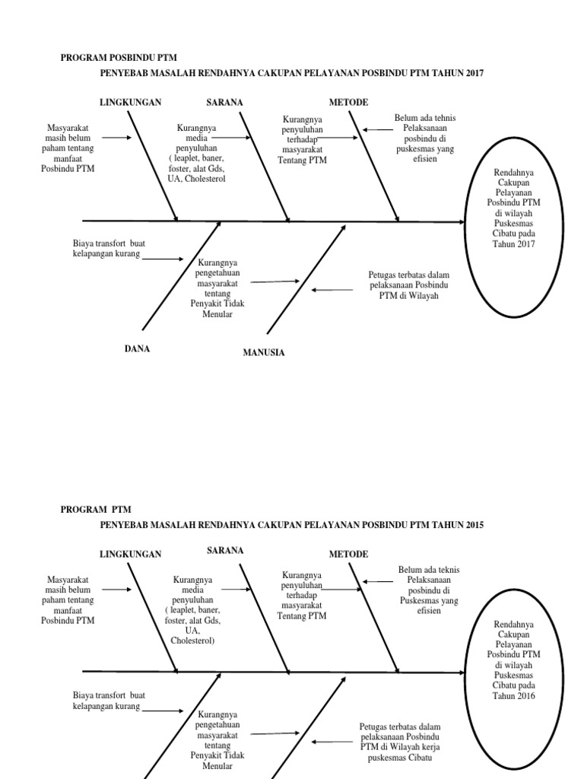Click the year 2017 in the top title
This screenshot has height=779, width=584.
(474, 73)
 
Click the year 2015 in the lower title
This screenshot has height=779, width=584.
(474, 525)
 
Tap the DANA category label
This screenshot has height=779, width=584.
(137, 348)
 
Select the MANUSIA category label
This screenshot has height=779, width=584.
(264, 352)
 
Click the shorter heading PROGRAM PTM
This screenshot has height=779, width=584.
(96, 510)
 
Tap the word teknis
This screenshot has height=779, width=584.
(448, 570)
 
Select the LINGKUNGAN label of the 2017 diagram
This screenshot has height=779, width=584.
(131, 102)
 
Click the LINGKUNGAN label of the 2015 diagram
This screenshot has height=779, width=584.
(131, 555)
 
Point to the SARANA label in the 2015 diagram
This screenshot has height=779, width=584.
(224, 550)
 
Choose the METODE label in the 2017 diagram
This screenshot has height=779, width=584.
(348, 102)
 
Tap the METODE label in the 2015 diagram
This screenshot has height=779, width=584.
(348, 555)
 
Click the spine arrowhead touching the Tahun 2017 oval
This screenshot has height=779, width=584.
(461, 222)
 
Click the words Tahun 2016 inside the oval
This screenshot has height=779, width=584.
(513, 695)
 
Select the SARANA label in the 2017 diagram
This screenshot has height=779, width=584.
(224, 102)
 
